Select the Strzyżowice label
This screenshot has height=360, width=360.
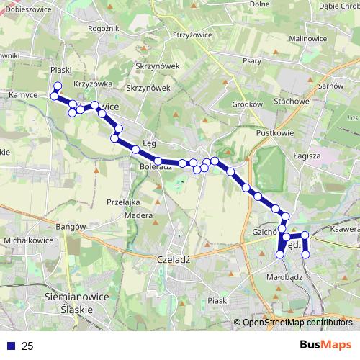coord(191,34)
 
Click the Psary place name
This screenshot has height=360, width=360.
coord(252,61)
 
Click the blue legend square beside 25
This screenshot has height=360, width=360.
coord(12,346)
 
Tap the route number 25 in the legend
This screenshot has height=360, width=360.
coord(27,346)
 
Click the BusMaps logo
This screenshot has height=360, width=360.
coord(327,346)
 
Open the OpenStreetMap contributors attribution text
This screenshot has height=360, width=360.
coord(297,323)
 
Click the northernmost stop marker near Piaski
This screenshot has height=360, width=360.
coord(58,86)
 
